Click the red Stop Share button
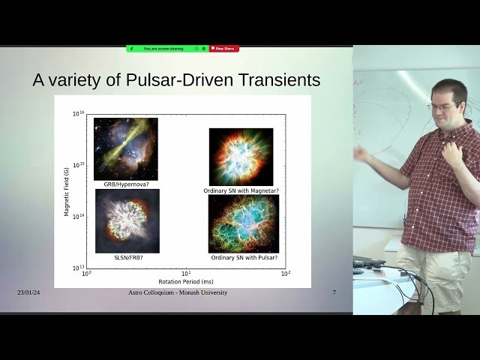pos(223,49)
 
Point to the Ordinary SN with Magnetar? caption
pos(241,190)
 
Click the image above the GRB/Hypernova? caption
pos(125,148)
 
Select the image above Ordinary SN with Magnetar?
pos(241,157)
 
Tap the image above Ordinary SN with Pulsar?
pos(243,223)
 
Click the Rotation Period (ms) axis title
pos(186,283)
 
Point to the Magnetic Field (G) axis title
pos(67,190)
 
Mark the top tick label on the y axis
pos(78,114)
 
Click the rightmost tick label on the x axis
pos(285,274)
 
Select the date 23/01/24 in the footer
pos(28,292)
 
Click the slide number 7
pos(334,292)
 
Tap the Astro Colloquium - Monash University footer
pos(178,292)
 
